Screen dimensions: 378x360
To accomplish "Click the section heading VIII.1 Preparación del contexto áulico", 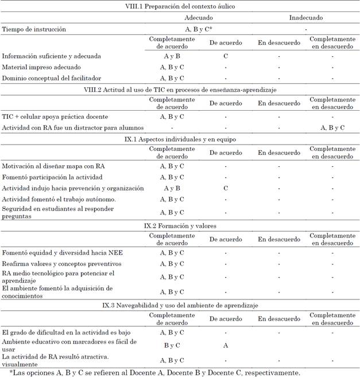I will click(x=180, y=6).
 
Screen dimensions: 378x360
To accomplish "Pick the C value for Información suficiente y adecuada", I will click(x=225, y=56).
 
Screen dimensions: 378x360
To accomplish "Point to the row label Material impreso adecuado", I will click(x=41, y=67).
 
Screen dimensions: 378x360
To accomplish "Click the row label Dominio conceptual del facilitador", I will click(x=52, y=78).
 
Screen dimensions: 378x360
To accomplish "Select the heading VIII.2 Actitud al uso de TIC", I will click(x=180, y=89).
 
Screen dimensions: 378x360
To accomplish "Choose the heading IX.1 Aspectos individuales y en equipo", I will click(x=180, y=139).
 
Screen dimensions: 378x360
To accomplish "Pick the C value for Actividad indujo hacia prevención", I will click(x=225, y=188).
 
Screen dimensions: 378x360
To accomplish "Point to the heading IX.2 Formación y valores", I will click(x=180, y=225).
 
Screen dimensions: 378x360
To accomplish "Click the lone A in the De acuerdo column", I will click(x=225, y=345).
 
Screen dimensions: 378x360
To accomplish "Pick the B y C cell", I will click(x=173, y=345).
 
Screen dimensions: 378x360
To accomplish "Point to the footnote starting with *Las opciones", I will click(x=155, y=373).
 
